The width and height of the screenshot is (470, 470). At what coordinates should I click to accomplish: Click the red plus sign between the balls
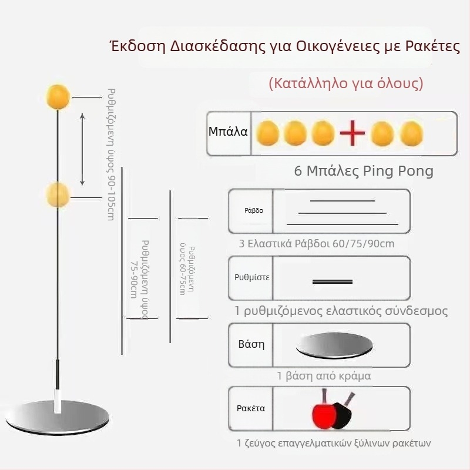[x=353, y=134]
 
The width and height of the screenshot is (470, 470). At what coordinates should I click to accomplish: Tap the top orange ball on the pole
[x=58, y=96]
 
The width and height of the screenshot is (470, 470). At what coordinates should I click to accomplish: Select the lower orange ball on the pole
[x=58, y=194]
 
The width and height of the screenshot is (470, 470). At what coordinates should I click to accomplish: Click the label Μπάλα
[x=228, y=132]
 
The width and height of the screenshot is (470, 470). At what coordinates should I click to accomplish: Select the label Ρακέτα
[x=250, y=408]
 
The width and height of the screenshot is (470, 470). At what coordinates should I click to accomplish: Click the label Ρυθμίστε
[x=251, y=277]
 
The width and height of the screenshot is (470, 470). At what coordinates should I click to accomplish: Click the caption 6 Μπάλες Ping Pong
[x=364, y=172]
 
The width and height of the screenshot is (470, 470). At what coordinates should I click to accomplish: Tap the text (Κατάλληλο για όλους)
[x=345, y=83]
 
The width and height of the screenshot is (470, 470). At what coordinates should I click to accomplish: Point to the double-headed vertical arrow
[x=82, y=149]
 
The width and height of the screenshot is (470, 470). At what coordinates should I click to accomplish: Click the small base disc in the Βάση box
[x=333, y=346]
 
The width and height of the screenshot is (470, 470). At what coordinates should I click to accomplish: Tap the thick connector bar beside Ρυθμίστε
[x=333, y=281]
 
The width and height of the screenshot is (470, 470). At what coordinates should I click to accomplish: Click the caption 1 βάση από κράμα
[x=324, y=375]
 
